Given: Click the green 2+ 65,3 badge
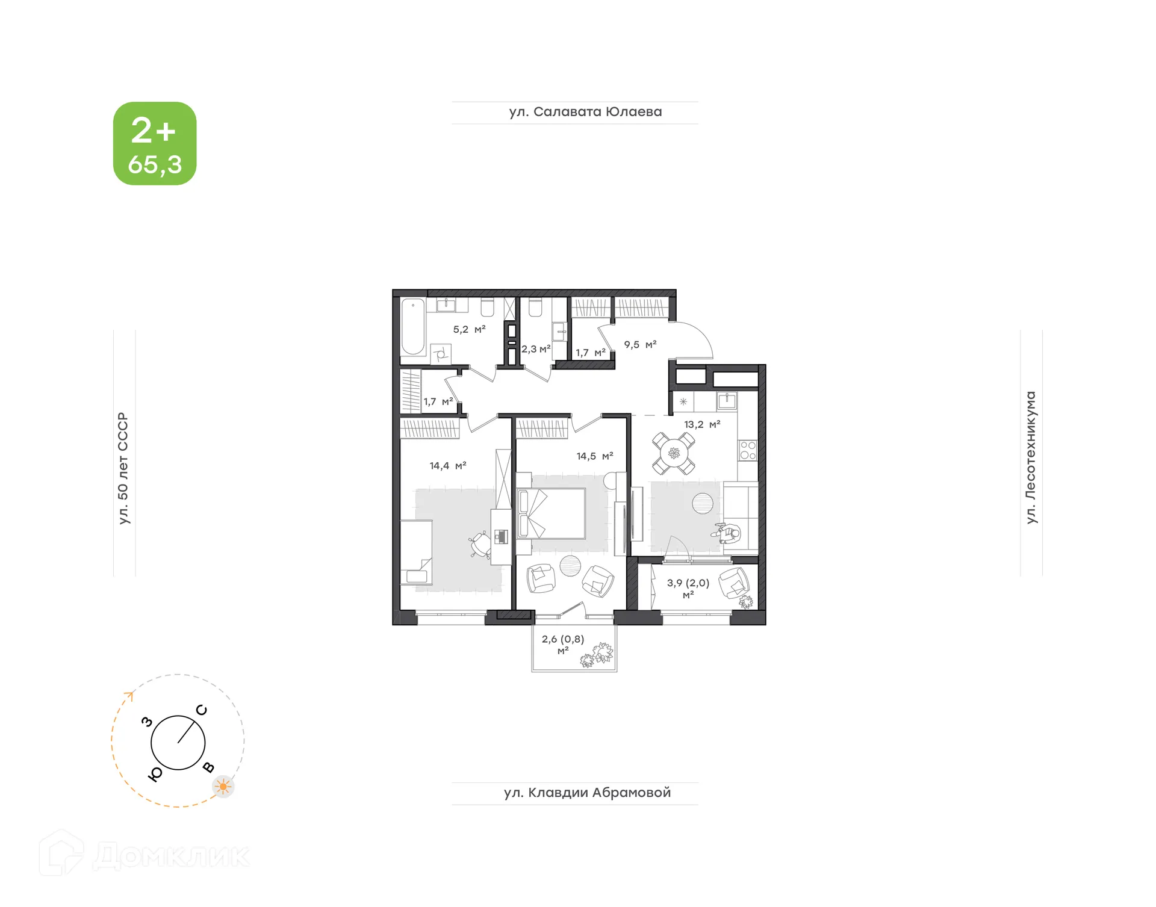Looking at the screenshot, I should (x=155, y=143).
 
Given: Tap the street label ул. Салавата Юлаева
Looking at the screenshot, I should (x=585, y=112).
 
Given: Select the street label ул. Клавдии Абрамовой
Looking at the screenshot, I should (x=587, y=793).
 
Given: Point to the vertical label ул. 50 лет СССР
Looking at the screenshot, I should (x=123, y=468).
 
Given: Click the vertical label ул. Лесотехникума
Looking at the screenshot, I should (x=1031, y=457).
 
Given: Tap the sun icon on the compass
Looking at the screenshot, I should (x=223, y=786).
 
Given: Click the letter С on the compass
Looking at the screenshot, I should (x=202, y=710).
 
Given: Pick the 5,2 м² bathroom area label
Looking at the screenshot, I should (x=469, y=329).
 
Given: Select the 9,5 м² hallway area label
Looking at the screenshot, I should (x=640, y=345).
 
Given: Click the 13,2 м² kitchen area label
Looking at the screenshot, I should (x=702, y=424).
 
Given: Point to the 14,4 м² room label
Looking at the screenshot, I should (x=448, y=466).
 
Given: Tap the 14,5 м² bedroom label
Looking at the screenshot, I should (x=595, y=456).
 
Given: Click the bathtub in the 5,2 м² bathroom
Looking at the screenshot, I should (x=413, y=327).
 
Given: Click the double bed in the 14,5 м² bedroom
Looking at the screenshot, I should (x=552, y=513).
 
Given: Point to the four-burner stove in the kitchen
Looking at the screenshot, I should (x=748, y=450).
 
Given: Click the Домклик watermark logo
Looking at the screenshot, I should (x=144, y=855).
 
